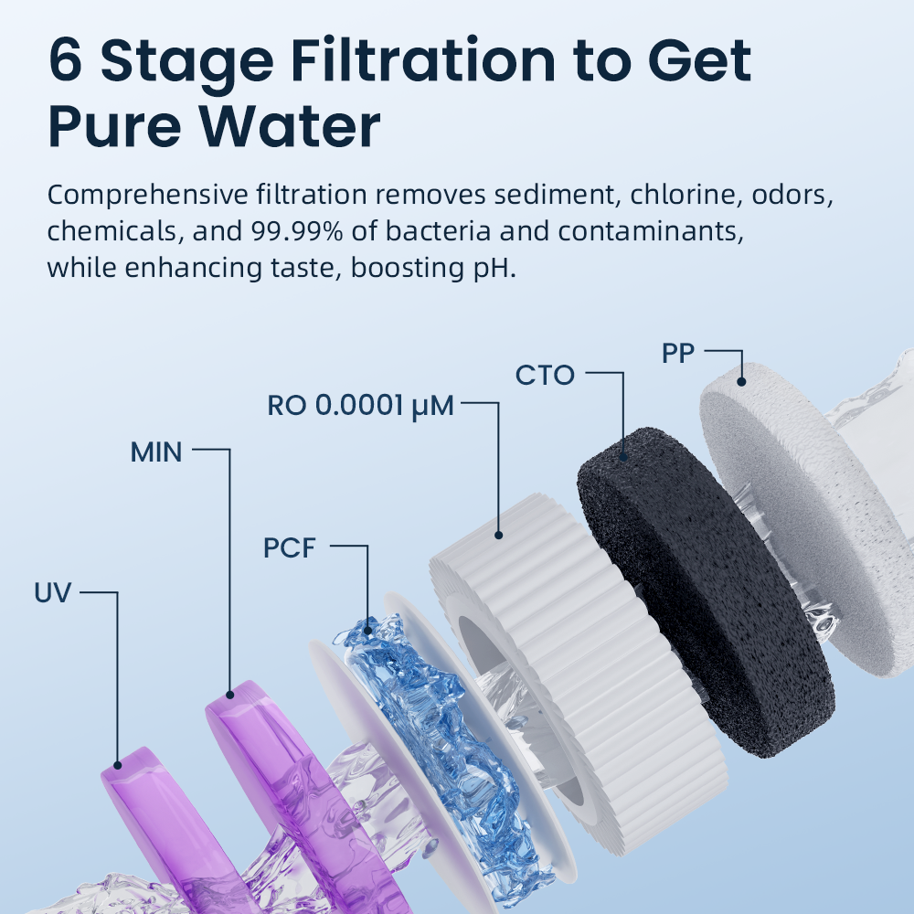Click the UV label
coord(53,593)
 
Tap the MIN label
coord(156,451)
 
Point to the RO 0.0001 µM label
coord(360,406)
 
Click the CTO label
coord(545,375)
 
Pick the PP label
coord(678,354)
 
